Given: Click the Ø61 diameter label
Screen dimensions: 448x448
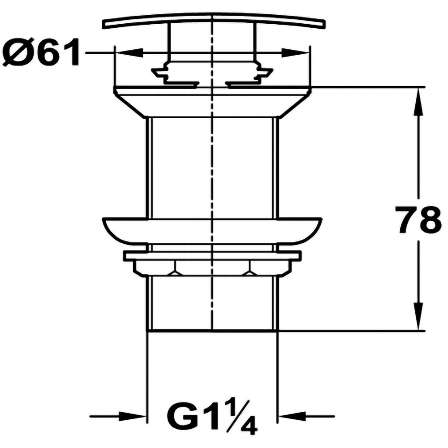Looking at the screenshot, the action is tap(41, 52).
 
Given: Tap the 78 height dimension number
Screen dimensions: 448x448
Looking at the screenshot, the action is tap(418, 220).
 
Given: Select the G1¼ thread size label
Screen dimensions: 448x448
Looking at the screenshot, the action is tap(212, 416).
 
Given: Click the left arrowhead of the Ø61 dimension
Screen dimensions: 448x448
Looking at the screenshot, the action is tap(129, 52).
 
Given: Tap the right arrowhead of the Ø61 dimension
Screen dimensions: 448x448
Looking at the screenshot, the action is tap(295, 52).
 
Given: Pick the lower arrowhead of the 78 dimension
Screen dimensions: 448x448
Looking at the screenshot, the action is tap(418, 316).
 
